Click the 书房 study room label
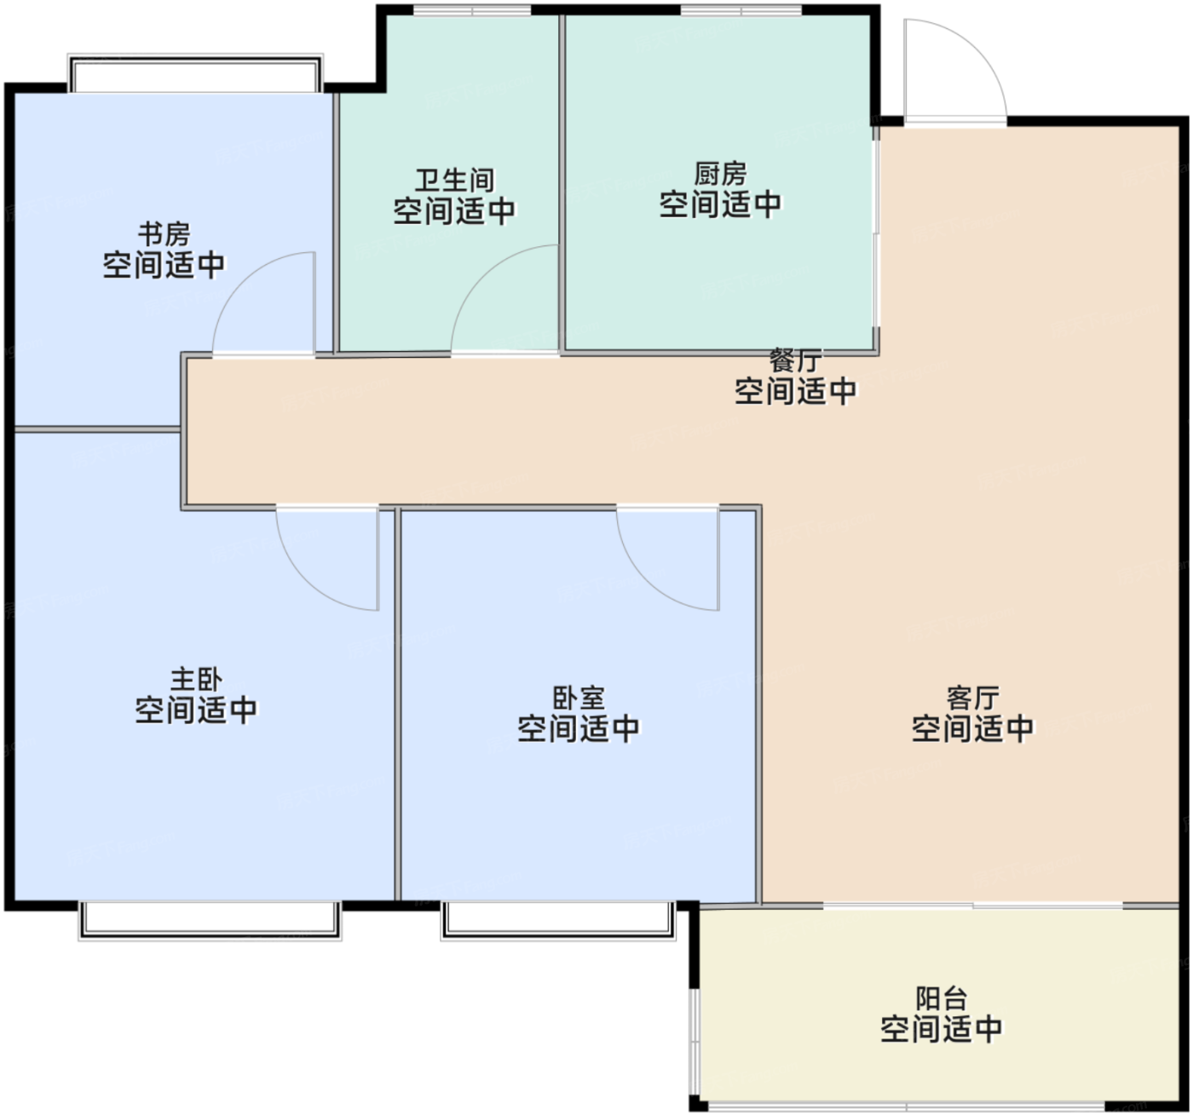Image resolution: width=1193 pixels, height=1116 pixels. tap(164, 234)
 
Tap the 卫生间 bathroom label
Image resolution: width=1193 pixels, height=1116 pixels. tap(455, 181)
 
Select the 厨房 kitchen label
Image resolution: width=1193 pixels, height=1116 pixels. tap(720, 174)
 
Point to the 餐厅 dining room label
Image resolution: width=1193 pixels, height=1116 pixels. tap(795, 361)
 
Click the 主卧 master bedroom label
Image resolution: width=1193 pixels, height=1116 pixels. tap(196, 680)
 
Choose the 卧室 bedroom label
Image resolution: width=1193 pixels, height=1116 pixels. tap(579, 698)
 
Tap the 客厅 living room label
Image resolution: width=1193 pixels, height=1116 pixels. tap(972, 698)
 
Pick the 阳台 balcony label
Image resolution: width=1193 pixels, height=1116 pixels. tap(942, 998)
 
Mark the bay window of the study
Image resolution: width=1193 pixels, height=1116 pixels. tap(195, 73)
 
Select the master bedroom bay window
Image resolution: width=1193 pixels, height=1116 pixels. tap(210, 921)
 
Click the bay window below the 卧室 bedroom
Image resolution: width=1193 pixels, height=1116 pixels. tap(559, 921)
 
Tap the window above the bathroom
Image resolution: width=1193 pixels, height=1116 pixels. tap(472, 10)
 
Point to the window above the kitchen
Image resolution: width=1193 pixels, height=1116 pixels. tap(741, 10)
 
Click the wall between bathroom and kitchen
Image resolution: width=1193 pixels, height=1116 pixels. tap(562, 183)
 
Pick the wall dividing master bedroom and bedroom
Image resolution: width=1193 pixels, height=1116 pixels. tap(397, 705)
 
